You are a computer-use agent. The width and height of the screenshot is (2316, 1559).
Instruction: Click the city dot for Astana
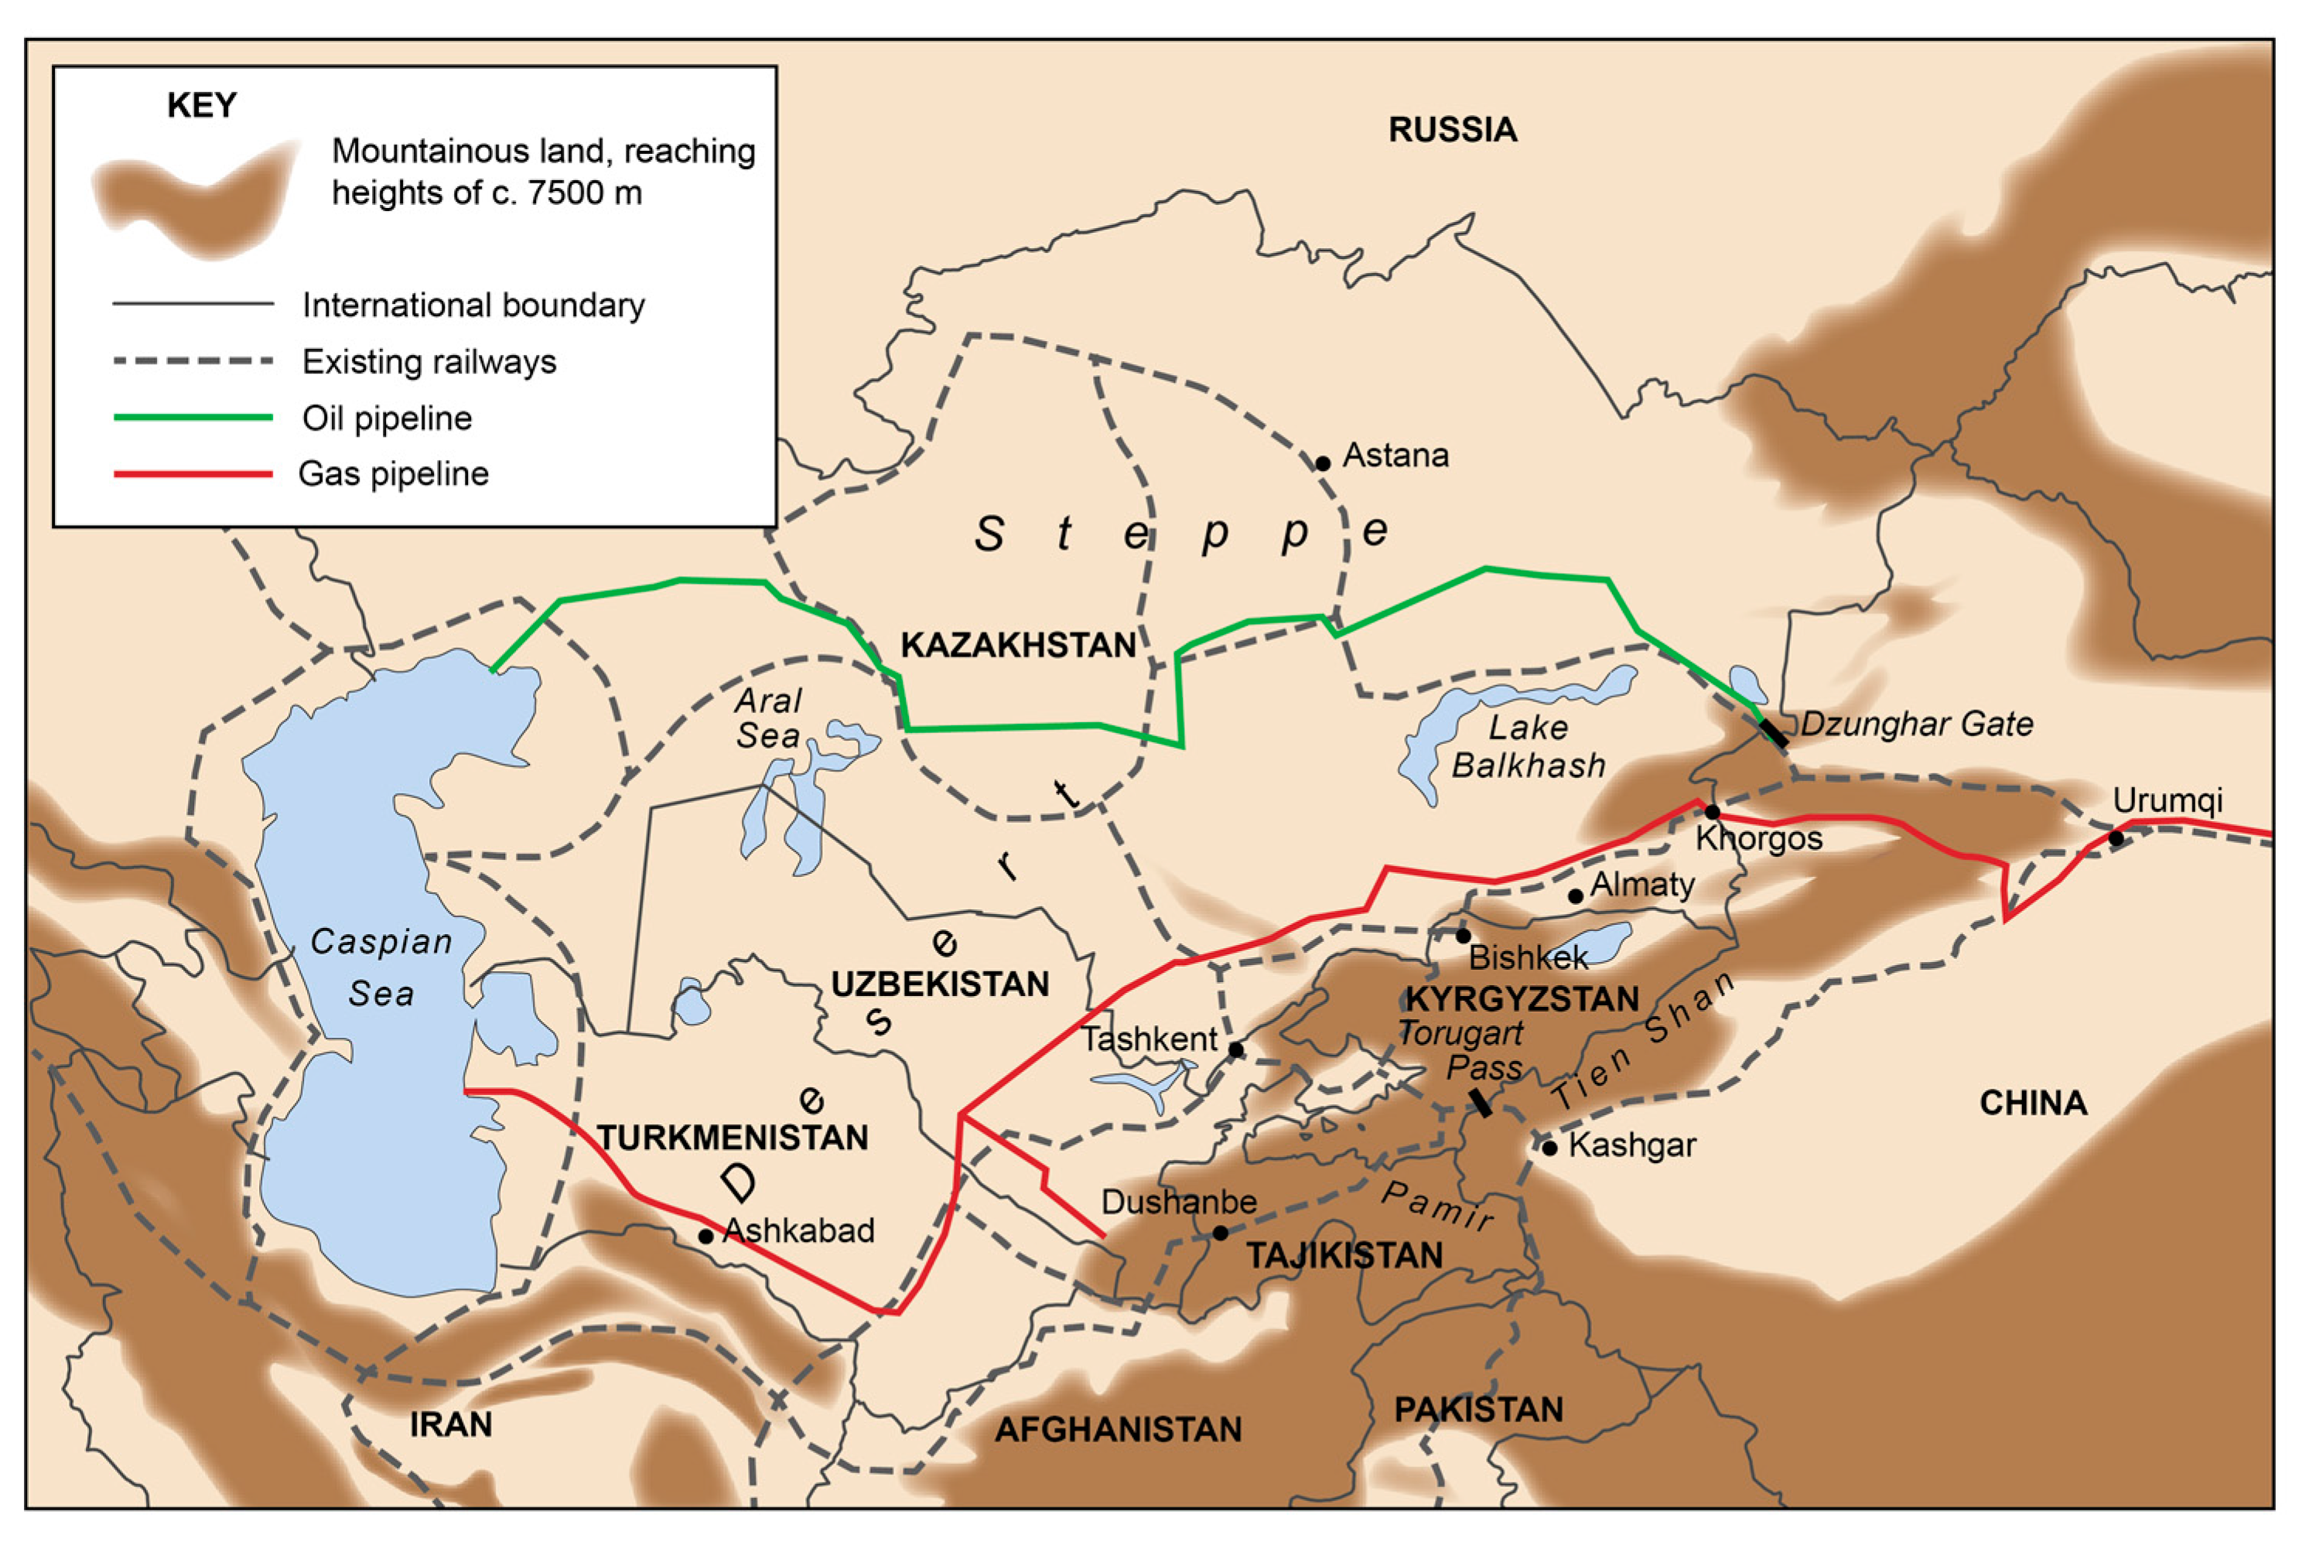(x=1323, y=463)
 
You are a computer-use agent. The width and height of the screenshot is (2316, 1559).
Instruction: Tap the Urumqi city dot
(x=2116, y=838)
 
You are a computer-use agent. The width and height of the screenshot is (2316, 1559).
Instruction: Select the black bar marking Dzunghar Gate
(x=1774, y=733)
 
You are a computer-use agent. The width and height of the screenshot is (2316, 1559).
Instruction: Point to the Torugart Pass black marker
(x=1481, y=1103)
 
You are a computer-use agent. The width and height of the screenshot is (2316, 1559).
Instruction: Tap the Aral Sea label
(x=767, y=718)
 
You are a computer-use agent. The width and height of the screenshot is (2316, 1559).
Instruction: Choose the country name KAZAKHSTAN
(x=1018, y=644)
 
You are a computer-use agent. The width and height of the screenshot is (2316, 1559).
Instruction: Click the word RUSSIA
(x=1452, y=129)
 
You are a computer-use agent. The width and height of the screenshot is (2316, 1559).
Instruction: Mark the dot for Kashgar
(x=1549, y=1148)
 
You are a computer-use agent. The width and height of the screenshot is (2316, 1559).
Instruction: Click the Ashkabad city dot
(x=705, y=1237)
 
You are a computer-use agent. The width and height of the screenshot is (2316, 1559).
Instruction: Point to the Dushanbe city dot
(x=1220, y=1233)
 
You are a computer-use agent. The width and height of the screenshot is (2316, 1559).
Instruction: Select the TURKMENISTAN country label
(x=732, y=1137)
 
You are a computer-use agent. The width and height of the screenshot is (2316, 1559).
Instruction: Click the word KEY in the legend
(x=202, y=105)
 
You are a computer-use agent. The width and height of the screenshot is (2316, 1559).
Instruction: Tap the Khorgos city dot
(x=1713, y=812)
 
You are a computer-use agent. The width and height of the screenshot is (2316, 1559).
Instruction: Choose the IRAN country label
(x=450, y=1424)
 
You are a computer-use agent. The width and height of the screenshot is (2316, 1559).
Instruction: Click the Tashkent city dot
(x=1235, y=1050)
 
